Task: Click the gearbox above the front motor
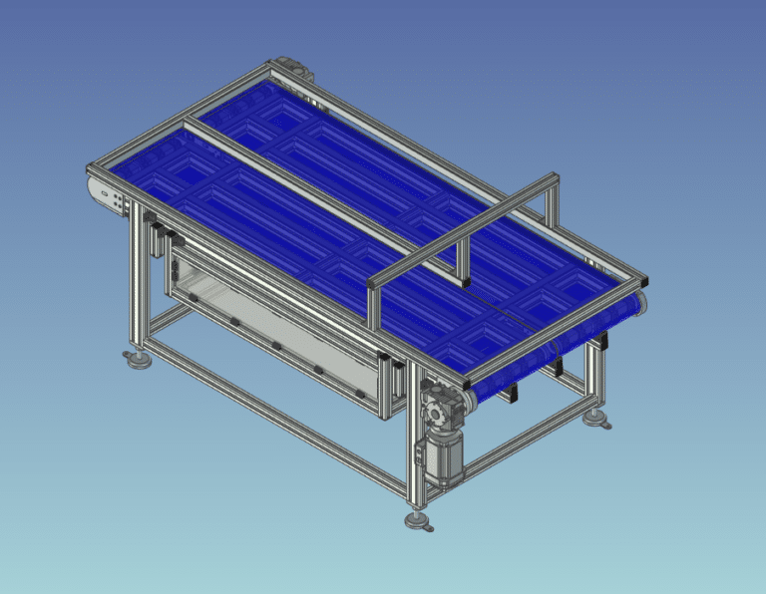(438, 406)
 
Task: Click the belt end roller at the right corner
(642, 303)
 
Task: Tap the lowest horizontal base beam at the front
(279, 419)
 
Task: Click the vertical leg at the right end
(595, 374)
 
